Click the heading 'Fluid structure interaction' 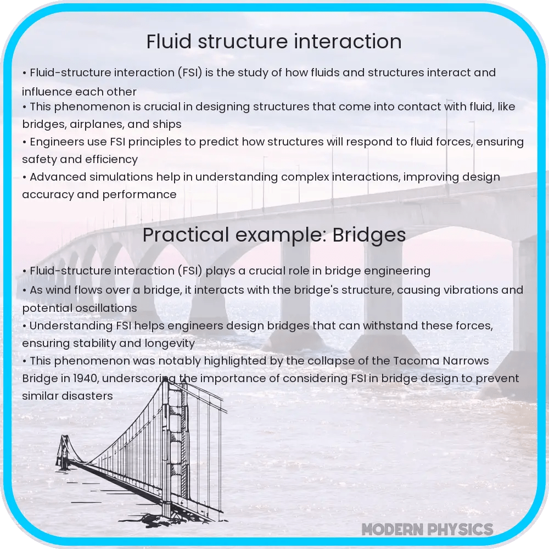click(x=274, y=42)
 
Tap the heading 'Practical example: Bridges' click(x=274, y=235)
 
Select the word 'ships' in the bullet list click(x=167, y=124)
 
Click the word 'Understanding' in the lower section click(x=69, y=325)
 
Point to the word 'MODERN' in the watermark click(x=393, y=529)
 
